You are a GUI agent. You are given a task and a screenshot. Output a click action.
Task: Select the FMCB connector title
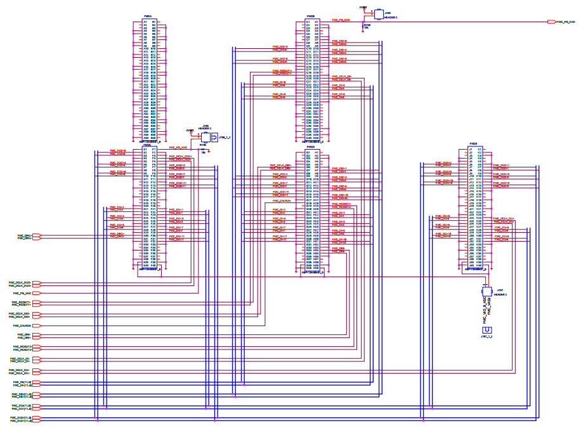click(311, 16)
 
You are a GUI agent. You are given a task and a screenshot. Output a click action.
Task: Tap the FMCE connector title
click(473, 145)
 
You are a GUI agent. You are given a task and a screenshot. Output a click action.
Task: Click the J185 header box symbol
click(379, 13)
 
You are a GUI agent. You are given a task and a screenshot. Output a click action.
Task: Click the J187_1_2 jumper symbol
click(486, 330)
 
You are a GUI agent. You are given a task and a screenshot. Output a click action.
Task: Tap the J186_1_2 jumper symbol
click(215, 136)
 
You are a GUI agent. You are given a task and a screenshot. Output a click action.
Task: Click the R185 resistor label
click(367, 25)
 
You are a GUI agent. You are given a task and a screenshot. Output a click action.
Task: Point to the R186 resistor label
click(203, 145)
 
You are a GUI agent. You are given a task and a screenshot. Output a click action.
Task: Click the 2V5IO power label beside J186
click(189, 130)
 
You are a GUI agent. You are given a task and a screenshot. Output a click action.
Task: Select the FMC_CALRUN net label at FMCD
click(281, 200)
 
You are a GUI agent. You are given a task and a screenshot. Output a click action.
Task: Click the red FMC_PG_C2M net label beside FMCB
click(341, 20)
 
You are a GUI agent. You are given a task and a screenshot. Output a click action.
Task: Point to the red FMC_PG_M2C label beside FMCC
click(178, 147)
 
